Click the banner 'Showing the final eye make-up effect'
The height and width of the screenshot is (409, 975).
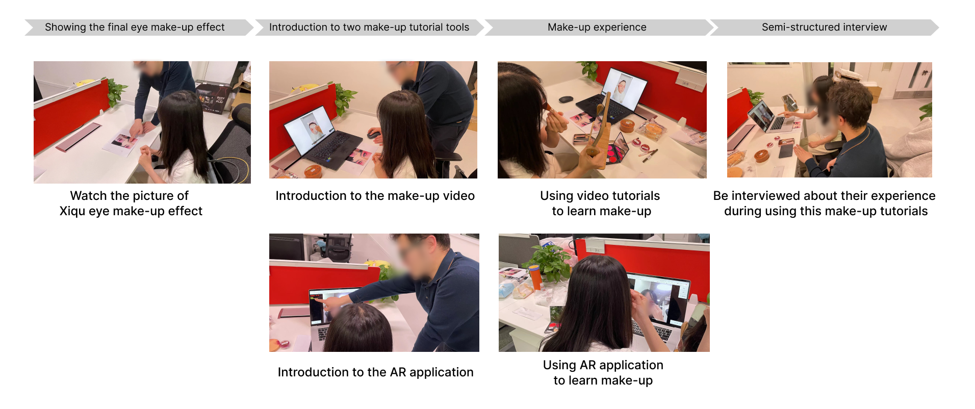[138, 27]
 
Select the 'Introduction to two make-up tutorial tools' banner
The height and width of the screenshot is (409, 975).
[369, 27]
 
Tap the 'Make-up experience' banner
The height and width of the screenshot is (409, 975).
[597, 27]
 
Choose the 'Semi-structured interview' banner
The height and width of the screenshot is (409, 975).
[825, 27]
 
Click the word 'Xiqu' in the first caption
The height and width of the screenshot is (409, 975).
[72, 211]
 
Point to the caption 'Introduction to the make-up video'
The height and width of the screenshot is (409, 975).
[375, 196]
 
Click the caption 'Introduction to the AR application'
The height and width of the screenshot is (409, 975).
[375, 372]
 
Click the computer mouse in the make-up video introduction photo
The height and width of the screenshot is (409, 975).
[373, 135]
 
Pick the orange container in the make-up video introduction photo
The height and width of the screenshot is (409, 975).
[313, 171]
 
